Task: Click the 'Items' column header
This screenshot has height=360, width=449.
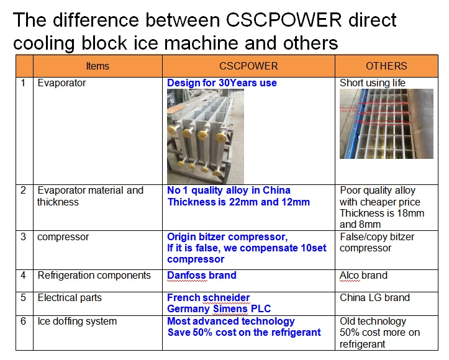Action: pyautogui.click(x=98, y=66)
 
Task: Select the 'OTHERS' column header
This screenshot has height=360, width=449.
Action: pyautogui.click(x=386, y=66)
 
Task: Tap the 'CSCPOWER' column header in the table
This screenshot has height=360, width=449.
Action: pyautogui.click(x=248, y=66)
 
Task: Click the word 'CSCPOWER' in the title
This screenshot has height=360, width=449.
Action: pyautogui.click(x=283, y=20)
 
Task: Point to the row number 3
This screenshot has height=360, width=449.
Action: pyautogui.click(x=23, y=236)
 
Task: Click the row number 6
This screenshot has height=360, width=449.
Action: pyautogui.click(x=23, y=321)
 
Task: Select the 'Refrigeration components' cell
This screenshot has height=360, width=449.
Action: pyautogui.click(x=94, y=276)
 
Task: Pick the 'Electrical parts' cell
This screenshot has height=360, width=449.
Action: pyautogui.click(x=70, y=297)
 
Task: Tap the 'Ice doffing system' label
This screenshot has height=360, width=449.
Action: pyautogui.click(x=77, y=322)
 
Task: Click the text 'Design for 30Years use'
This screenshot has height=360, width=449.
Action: pyautogui.click(x=222, y=83)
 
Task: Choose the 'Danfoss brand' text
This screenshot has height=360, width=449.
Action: pyautogui.click(x=202, y=276)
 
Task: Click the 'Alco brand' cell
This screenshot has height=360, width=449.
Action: pyautogui.click(x=363, y=276)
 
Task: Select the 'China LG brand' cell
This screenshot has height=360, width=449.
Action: pyautogui.click(x=374, y=297)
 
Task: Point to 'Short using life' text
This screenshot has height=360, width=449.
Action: pyautogui.click(x=372, y=83)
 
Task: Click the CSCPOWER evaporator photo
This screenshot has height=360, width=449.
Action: pyautogui.click(x=206, y=136)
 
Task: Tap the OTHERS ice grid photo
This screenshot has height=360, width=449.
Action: pyautogui.click(x=386, y=124)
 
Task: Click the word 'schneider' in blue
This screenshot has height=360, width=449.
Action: pyautogui.click(x=226, y=297)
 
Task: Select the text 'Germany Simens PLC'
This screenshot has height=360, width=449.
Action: pyautogui.click(x=219, y=308)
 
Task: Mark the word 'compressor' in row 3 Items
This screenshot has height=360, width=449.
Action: pyautogui.click(x=63, y=237)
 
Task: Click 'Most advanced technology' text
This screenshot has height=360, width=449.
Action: pyautogui.click(x=231, y=322)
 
